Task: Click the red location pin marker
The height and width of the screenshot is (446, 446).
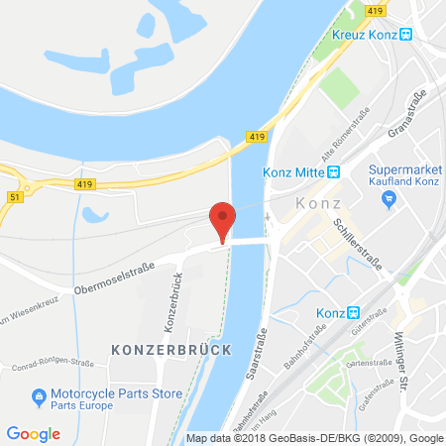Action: (223, 218)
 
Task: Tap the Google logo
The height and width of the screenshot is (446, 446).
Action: (33, 433)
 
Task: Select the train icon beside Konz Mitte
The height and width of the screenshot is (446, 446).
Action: (334, 169)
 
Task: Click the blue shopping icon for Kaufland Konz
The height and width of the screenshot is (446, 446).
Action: (389, 199)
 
